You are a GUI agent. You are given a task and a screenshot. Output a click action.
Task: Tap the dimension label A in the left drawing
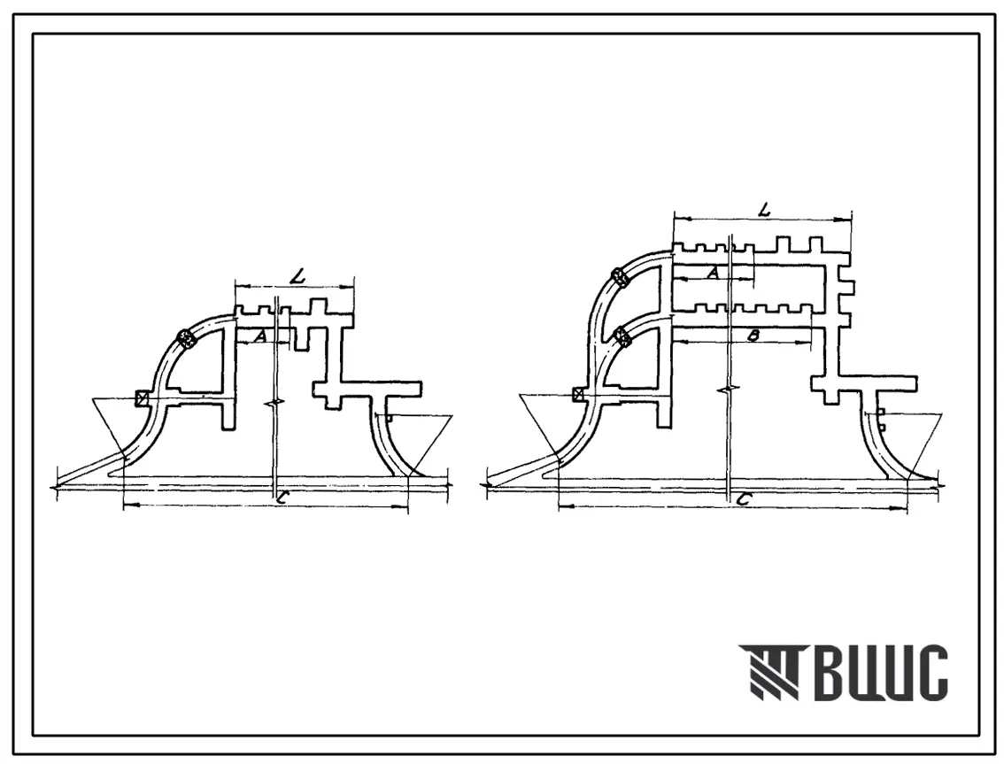(259, 336)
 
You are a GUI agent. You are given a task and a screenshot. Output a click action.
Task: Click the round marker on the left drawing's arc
(186, 337)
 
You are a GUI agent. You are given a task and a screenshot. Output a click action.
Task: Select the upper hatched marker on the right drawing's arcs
(622, 278)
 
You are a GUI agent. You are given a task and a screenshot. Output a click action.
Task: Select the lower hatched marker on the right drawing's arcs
(622, 336)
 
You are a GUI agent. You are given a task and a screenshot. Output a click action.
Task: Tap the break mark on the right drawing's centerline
(728, 390)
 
